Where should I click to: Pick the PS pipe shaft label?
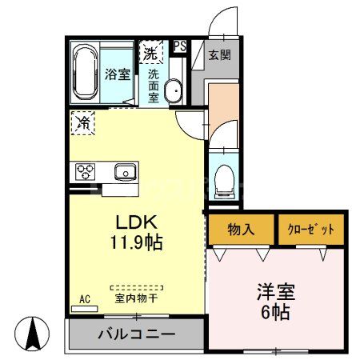(180, 46)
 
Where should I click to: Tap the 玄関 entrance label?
(219, 54)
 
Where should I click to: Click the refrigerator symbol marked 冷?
(83, 123)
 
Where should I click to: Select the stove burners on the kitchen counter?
(85, 171)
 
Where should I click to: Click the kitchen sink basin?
(126, 171)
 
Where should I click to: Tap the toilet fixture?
(223, 180)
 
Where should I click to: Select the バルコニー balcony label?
(137, 334)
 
